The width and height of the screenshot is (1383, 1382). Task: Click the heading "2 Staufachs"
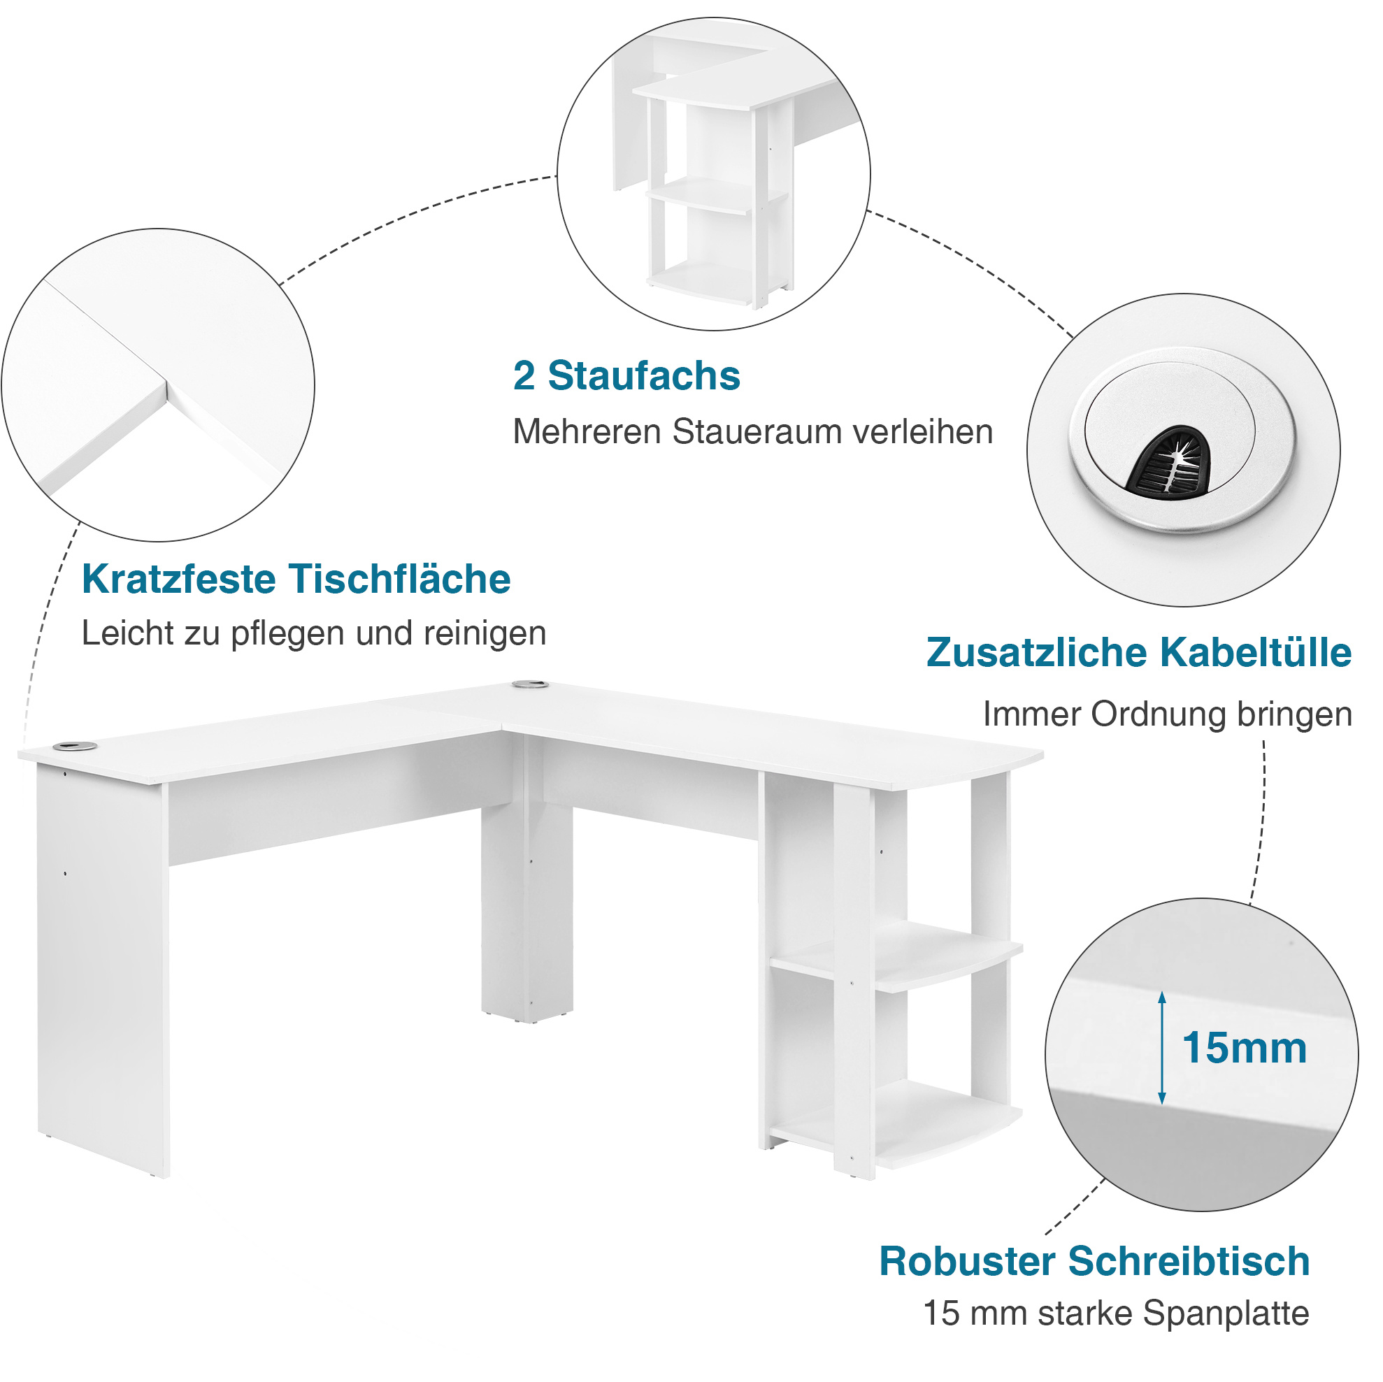626,377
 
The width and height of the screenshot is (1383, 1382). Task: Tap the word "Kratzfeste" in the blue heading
178,579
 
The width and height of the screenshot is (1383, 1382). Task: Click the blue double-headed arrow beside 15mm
1162,1047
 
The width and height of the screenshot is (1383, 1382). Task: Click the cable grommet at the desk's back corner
531,685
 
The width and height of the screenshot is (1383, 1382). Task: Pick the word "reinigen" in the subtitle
485,633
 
